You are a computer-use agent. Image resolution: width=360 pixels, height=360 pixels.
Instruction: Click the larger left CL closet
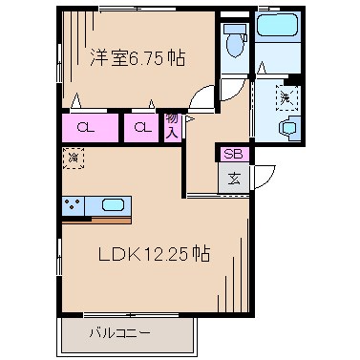pyautogui.click(x=86, y=127)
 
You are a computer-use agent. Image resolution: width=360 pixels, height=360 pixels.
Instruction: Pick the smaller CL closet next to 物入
pyautogui.click(x=141, y=127)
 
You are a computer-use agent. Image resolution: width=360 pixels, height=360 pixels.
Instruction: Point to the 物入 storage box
pyautogui.click(x=172, y=126)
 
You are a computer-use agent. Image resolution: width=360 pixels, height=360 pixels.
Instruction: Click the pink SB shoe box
pyautogui.click(x=233, y=153)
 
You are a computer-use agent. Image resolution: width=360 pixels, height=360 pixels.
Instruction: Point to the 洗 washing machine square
pyautogui.click(x=286, y=96)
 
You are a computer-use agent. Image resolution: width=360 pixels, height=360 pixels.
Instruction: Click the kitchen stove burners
pyautogui.click(x=73, y=205)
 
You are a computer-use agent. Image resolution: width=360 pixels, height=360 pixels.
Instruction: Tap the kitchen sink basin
pyautogui.click(x=111, y=205)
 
